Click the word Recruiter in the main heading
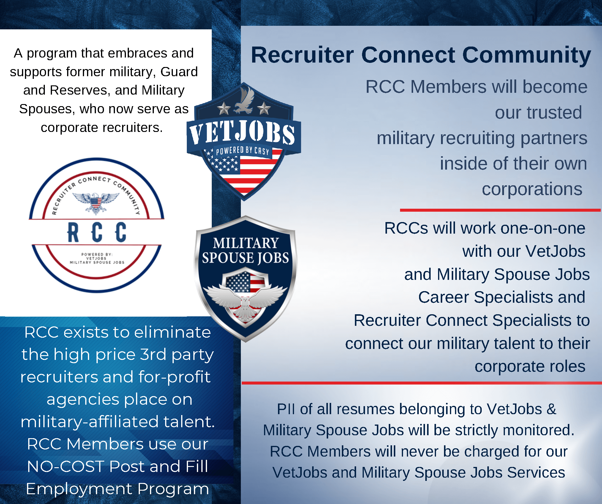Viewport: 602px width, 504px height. (x=303, y=55)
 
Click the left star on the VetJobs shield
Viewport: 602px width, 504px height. (x=224, y=109)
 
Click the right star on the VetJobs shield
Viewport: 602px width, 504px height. (x=264, y=109)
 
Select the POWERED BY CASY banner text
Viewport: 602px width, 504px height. (x=242, y=151)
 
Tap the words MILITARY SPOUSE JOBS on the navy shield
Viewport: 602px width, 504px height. (x=245, y=251)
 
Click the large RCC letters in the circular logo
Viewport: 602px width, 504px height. (x=97, y=232)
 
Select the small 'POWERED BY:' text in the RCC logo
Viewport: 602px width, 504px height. (x=97, y=254)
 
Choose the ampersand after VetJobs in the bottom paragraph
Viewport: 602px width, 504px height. (x=551, y=409)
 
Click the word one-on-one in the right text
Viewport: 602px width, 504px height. (x=543, y=228)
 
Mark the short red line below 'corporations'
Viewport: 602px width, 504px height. (x=500, y=210)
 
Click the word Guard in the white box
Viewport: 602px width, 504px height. (x=179, y=72)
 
